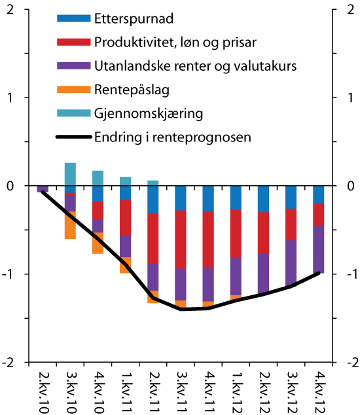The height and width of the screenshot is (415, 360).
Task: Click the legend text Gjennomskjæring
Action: click(x=149, y=114)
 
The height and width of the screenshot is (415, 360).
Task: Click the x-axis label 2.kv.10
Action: click(x=43, y=391)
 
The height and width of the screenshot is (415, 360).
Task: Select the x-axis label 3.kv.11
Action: click(x=181, y=391)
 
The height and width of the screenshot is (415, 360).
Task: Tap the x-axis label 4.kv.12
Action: click(x=318, y=391)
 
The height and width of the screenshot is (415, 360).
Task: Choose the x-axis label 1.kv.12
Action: click(x=236, y=391)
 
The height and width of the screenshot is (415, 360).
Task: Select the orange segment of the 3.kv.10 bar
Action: click(x=70, y=225)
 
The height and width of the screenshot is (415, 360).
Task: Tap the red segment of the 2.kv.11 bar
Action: click(x=153, y=238)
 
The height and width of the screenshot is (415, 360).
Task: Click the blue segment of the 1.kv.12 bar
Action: click(x=236, y=198)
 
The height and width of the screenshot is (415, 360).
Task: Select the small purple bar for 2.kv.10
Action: click(x=43, y=189)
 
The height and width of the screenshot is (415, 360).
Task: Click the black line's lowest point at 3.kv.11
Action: click(x=181, y=308)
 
